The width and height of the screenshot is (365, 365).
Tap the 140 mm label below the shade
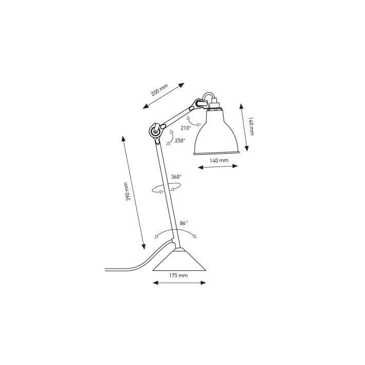(220, 160)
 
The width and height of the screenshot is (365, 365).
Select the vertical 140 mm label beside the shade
(251, 126)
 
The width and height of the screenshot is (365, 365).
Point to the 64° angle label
(184, 224)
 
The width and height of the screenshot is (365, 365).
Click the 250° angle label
(180, 140)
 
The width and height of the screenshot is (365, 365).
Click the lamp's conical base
(179, 262)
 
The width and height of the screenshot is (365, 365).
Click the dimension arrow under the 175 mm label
(179, 282)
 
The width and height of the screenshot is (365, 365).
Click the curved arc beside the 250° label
(171, 138)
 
